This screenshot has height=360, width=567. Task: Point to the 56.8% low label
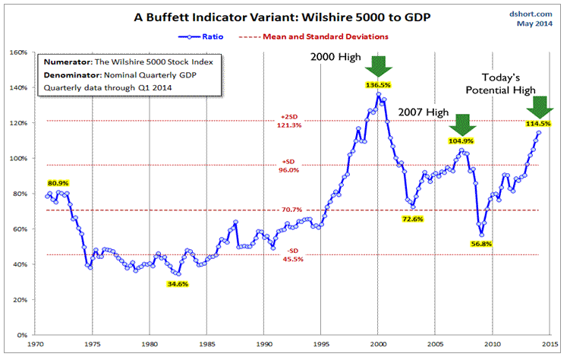click(x=481, y=244)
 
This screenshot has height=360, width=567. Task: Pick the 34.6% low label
click(x=178, y=283)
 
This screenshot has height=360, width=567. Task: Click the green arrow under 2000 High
click(x=379, y=66)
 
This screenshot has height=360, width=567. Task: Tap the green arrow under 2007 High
click(x=460, y=123)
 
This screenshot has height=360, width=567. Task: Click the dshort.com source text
click(x=534, y=13)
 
